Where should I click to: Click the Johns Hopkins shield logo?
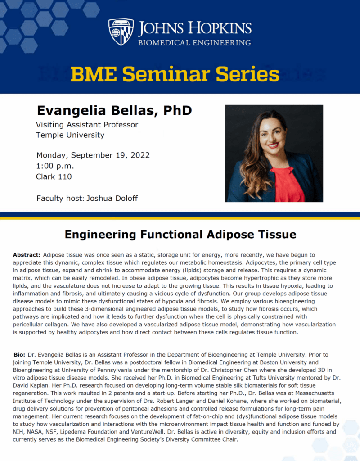121,32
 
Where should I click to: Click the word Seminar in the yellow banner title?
169,74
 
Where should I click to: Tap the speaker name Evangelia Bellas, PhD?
114,111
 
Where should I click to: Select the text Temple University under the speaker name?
70,135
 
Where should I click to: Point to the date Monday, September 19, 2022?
93,155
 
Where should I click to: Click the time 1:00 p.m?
54,166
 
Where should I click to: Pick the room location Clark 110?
54,176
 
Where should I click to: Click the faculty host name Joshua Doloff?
112,198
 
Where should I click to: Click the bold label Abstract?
27,255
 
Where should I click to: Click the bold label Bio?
19,355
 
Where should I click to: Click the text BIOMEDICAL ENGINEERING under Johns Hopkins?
194,43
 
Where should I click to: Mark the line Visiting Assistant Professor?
87,125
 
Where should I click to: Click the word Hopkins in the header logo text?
220,28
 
